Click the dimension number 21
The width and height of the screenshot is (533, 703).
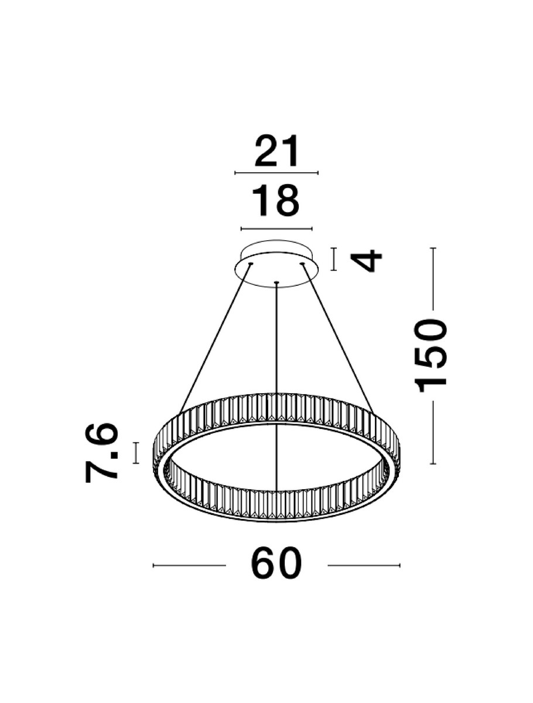click(x=276, y=152)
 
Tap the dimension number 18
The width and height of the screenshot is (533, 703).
click(x=276, y=201)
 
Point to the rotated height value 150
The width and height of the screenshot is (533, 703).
click(x=431, y=355)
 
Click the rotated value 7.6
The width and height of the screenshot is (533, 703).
click(x=102, y=453)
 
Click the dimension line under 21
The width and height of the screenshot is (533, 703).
click(x=276, y=173)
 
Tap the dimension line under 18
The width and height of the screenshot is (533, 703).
click(x=276, y=228)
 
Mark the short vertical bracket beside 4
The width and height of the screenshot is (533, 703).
click(x=333, y=259)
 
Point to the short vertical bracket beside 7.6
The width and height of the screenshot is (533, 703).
click(x=136, y=453)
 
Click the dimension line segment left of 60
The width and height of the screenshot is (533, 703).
click(x=189, y=565)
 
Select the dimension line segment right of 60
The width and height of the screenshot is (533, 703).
click(x=363, y=565)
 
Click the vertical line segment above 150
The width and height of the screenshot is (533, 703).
click(x=433, y=278)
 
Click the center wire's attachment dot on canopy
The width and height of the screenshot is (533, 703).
click(x=276, y=284)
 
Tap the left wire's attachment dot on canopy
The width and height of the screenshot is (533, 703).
click(x=250, y=265)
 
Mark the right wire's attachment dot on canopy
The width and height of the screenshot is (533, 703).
click(x=303, y=265)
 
